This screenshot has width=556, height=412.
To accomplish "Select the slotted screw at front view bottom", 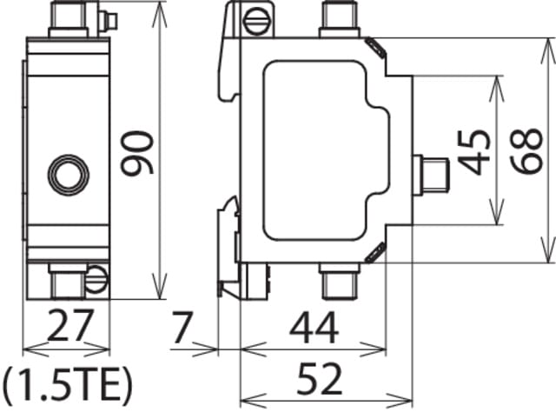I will click(96, 279).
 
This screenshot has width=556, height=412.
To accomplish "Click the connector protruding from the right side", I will click(431, 173).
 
